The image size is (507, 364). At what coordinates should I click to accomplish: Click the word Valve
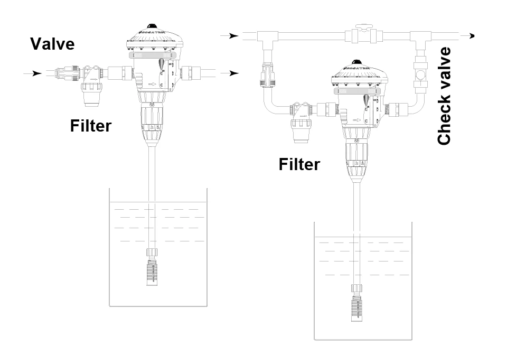pos(52,43)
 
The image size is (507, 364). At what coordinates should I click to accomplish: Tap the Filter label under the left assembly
pos(90,126)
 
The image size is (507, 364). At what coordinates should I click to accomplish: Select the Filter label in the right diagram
pos(299,164)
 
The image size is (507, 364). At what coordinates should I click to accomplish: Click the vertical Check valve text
pos(444,96)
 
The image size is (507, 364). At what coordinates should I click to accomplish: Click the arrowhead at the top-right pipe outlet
pos(471,36)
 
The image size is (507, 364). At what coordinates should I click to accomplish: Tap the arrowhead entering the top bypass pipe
pos(227,36)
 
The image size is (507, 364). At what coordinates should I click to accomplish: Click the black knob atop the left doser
pos(152,26)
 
